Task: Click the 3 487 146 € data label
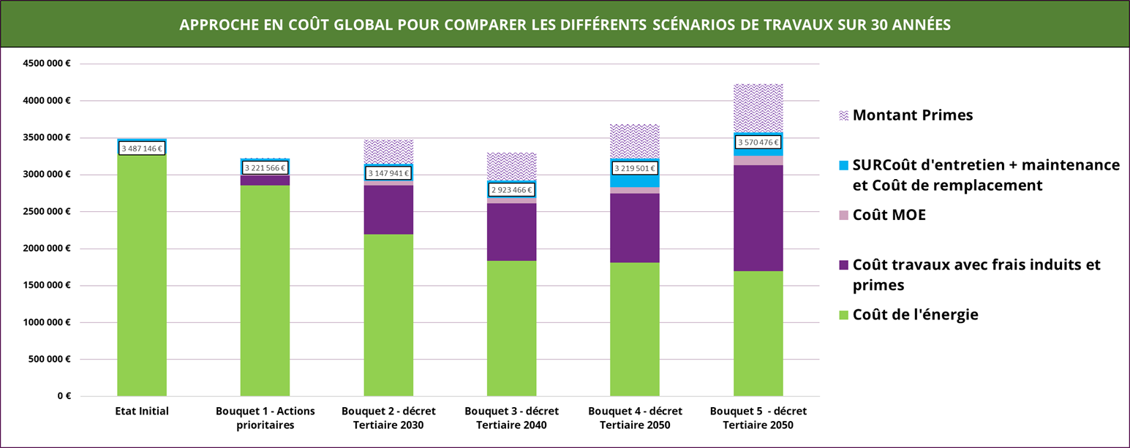tap(142, 148)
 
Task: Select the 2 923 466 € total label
tap(511, 190)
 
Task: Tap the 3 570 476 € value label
tap(758, 143)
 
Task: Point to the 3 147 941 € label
tap(388, 173)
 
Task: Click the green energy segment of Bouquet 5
tap(758, 333)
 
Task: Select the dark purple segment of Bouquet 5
tap(758, 219)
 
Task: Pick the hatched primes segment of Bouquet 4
tap(635, 142)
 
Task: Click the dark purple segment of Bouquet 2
tap(388, 210)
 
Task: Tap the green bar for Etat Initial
tap(142, 275)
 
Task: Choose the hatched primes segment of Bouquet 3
tap(511, 167)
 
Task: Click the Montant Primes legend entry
tap(906, 115)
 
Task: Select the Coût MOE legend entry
tap(882, 215)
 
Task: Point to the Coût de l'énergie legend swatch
tap(843, 315)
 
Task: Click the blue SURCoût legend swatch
tap(843, 165)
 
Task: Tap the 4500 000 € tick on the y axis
tap(46, 64)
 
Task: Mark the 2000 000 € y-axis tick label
tap(46, 248)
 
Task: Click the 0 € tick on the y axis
tap(64, 396)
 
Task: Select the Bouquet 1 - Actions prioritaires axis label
tap(265, 418)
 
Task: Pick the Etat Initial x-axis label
tap(142, 411)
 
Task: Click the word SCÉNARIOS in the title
tap(693, 25)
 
